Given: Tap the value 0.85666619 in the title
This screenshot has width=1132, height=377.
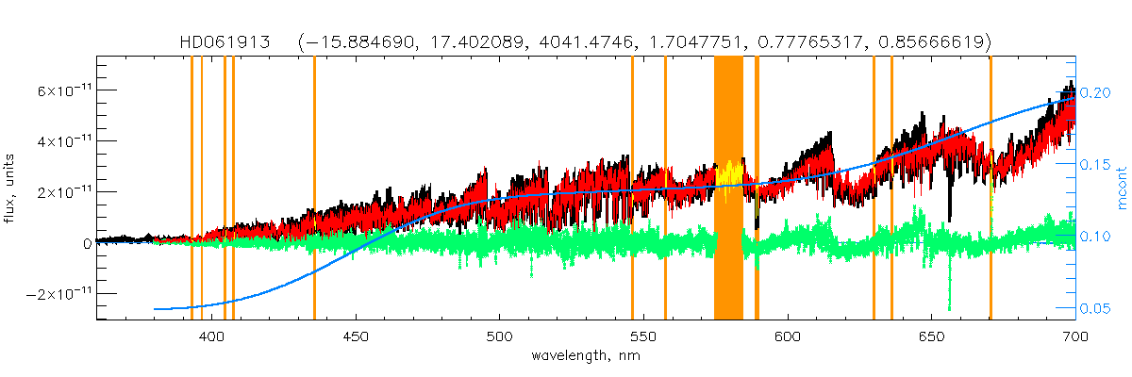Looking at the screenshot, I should (x=933, y=42).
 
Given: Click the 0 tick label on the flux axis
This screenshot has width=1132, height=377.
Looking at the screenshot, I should (x=87, y=243).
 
